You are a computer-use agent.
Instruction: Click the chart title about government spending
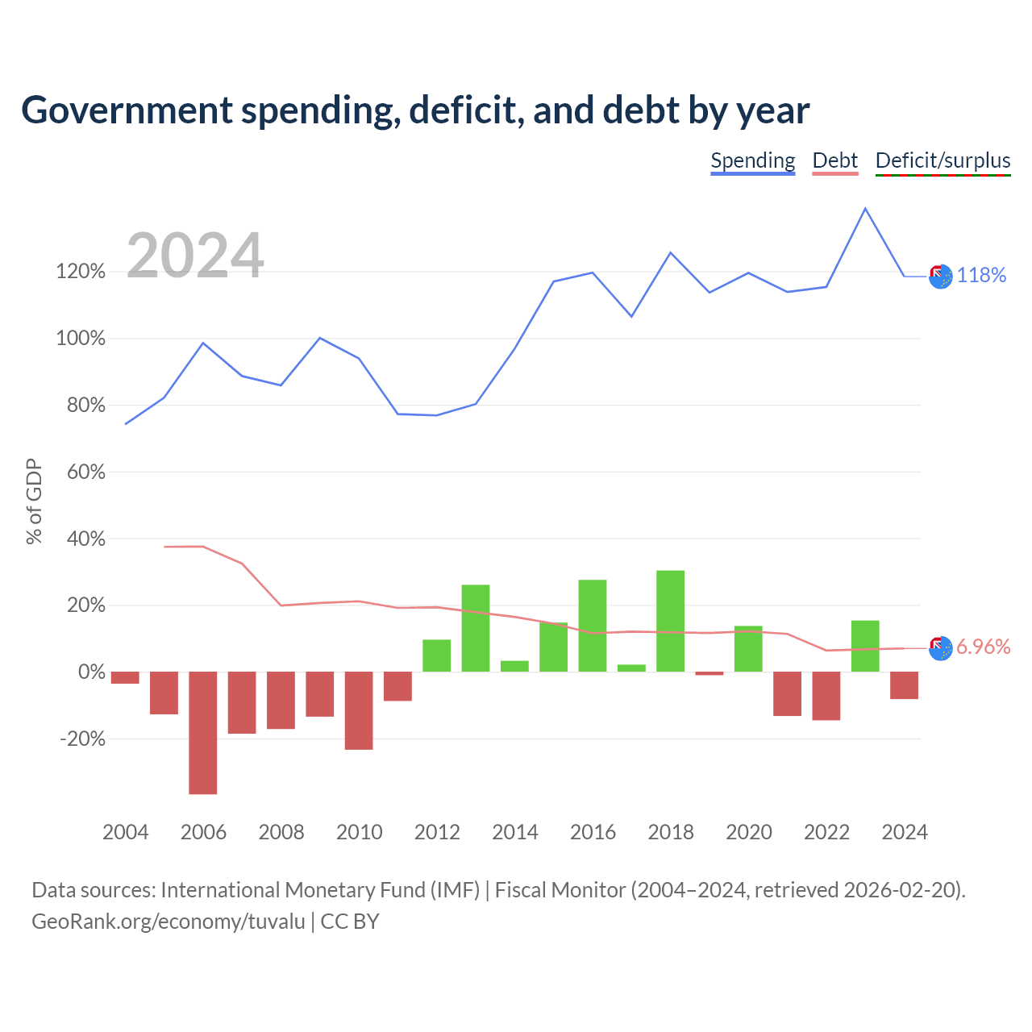[x=415, y=110]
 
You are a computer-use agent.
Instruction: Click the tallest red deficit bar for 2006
[x=203, y=733]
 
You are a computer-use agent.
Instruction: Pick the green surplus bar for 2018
[x=671, y=622]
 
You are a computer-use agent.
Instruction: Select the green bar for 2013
[x=476, y=628]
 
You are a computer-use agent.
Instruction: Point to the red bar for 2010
[x=359, y=710]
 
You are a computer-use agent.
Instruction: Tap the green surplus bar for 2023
[x=865, y=646]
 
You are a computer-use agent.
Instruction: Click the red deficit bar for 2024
[x=905, y=685]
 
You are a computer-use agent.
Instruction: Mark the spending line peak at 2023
[x=865, y=208]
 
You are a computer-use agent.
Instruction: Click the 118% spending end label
[x=981, y=275]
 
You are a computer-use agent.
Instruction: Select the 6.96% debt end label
[x=984, y=647]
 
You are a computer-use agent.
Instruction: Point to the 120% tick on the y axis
[x=81, y=272]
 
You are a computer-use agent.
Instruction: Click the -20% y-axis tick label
[x=83, y=739]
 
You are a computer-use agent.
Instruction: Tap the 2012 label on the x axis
[x=437, y=832]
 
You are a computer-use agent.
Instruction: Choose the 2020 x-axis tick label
[x=749, y=832]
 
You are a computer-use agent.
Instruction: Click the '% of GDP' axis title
[x=35, y=501]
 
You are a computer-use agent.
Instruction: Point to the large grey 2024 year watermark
[x=195, y=255]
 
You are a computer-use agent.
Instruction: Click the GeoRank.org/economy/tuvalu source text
[x=169, y=922]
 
